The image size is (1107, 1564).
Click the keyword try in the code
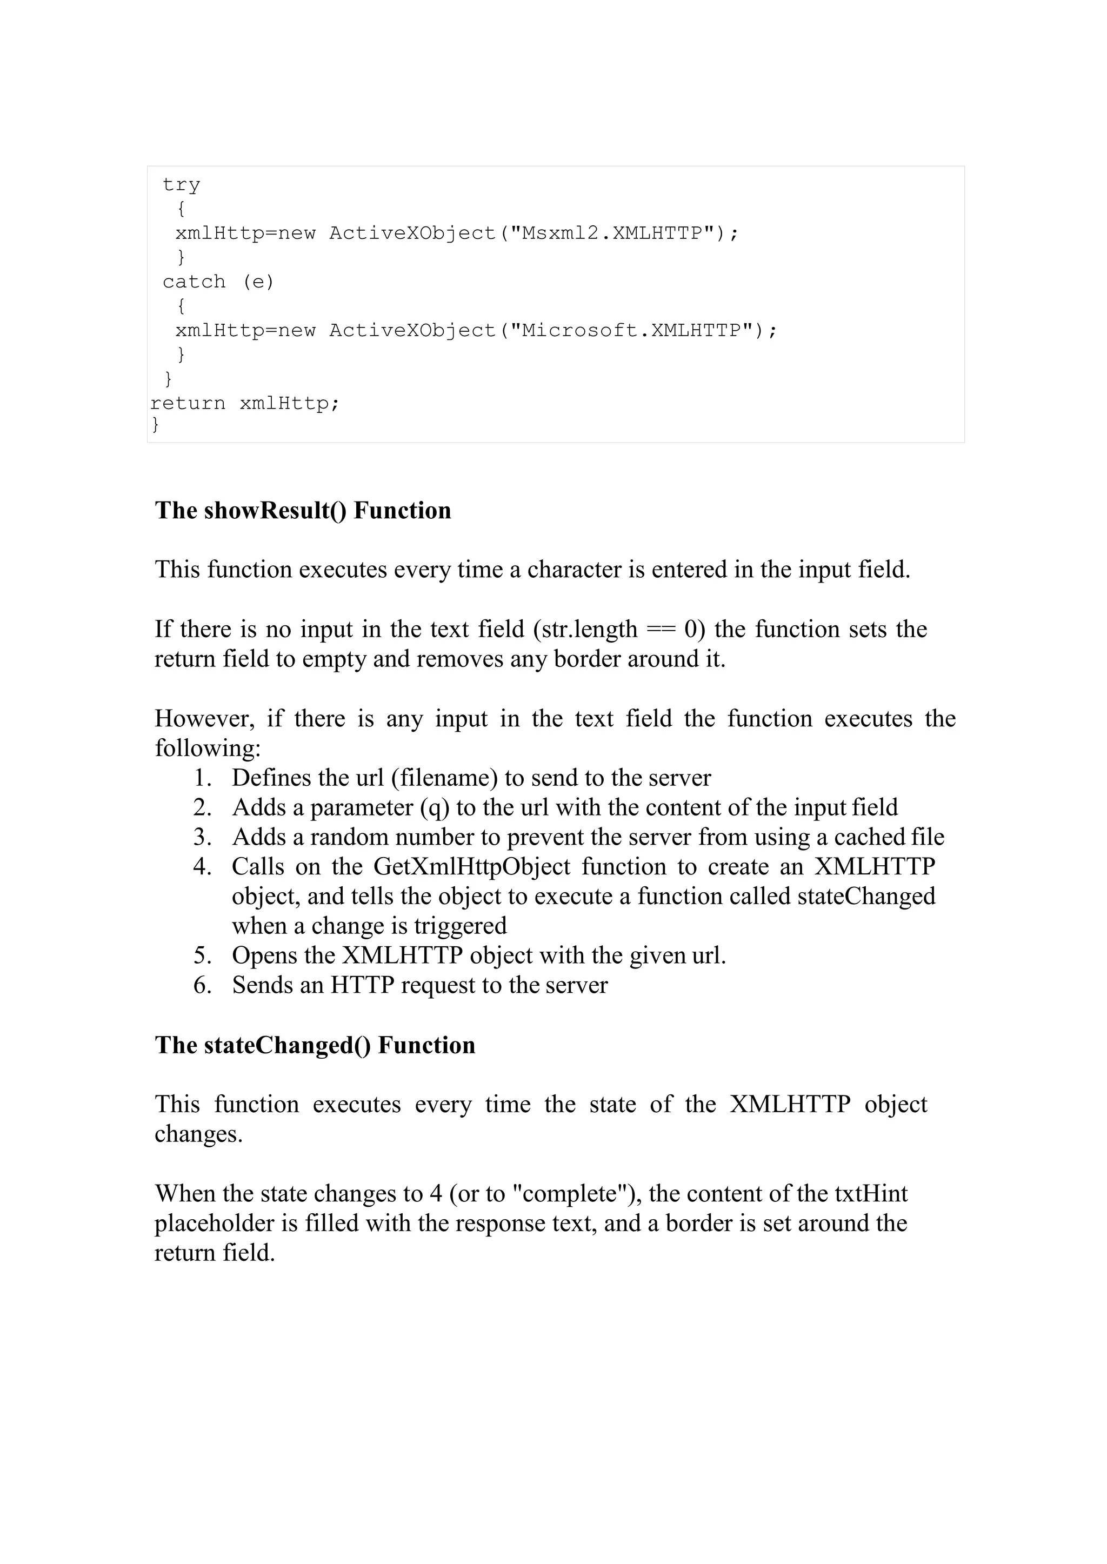181,185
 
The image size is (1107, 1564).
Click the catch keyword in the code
194,282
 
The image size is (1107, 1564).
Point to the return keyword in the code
188,404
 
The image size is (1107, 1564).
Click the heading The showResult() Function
303,510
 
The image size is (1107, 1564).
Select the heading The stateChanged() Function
315,1045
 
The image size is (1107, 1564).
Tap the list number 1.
203,778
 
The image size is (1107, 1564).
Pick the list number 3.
203,837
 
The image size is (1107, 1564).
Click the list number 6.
203,985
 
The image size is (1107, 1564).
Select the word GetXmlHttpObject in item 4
472,866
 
